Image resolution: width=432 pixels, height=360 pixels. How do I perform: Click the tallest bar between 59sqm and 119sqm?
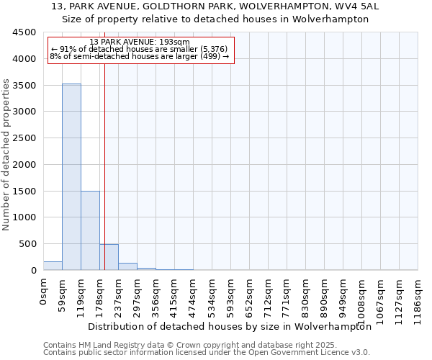(71, 176)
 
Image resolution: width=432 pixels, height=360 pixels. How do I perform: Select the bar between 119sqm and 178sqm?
(90, 230)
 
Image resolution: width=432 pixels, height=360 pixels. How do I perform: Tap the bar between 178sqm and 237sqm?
(109, 257)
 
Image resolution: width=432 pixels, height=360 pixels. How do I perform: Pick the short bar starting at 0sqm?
(53, 266)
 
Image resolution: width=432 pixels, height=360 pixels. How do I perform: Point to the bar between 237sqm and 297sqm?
(127, 266)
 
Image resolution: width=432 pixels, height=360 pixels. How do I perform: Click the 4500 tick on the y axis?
(24, 32)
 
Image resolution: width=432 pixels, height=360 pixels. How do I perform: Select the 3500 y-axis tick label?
(24, 85)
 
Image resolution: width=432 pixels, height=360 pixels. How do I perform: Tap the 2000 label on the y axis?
(24, 164)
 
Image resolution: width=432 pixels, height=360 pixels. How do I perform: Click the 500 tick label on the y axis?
(27, 244)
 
